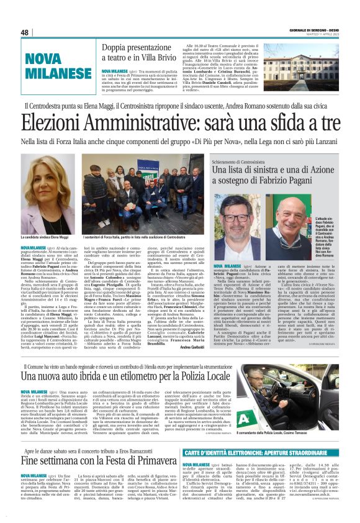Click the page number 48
click(25, 32)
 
